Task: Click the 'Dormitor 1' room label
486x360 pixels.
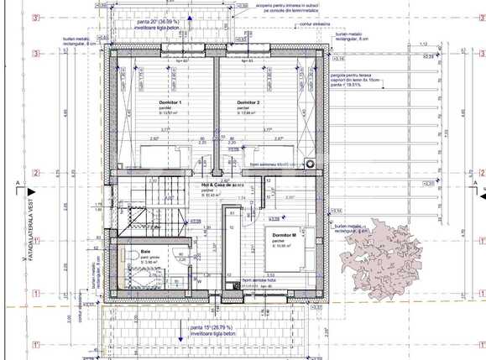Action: point(170,102)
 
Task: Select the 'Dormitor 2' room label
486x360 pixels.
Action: point(248,102)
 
